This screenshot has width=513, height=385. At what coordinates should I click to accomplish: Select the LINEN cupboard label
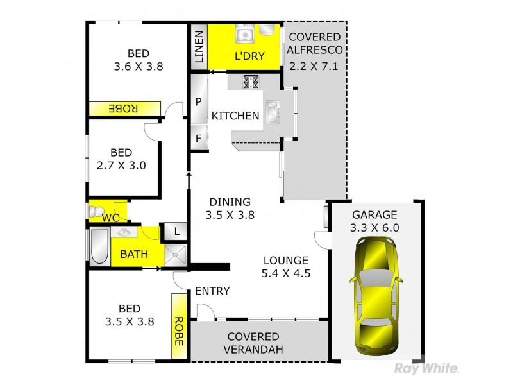click(x=198, y=47)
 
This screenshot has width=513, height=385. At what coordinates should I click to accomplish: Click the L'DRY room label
click(x=246, y=56)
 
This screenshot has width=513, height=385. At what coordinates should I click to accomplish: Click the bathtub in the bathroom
click(x=99, y=248)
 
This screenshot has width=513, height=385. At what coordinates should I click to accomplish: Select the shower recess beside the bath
click(x=176, y=254)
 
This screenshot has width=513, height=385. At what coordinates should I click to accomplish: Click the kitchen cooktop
click(x=250, y=81)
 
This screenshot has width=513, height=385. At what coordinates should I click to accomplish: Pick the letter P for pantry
click(x=199, y=101)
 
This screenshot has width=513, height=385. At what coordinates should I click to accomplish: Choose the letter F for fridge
click(x=199, y=137)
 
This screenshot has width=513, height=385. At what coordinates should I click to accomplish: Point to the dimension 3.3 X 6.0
click(x=375, y=227)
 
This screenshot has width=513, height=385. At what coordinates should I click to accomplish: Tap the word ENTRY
click(x=212, y=291)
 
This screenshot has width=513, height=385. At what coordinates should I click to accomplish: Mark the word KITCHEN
click(x=235, y=116)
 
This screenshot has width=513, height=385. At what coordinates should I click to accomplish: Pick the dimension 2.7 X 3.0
click(x=121, y=165)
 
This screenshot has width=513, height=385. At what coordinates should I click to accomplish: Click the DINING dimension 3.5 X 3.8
click(x=231, y=215)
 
